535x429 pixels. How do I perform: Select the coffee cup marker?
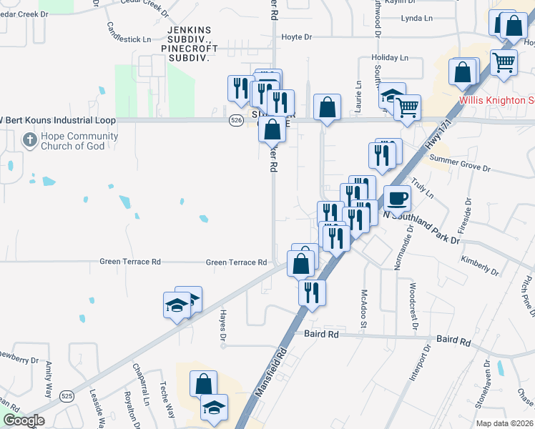tap(397, 197)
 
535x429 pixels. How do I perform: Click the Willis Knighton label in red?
tap(496, 100)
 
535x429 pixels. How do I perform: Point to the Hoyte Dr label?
tap(297, 37)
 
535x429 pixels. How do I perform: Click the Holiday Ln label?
tap(390, 57)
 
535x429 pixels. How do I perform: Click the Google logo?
tap(23, 420)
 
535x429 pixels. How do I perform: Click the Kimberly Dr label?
tap(480, 265)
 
